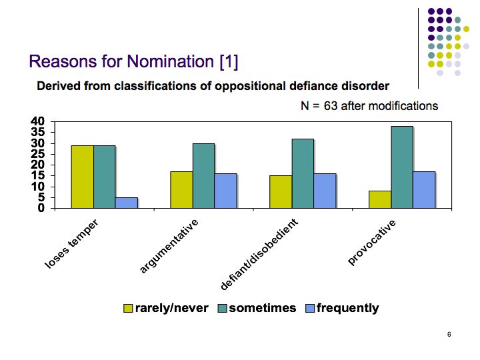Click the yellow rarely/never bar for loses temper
pos(83,177)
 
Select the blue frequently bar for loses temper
pos(127,203)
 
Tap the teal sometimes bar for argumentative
pos(203,176)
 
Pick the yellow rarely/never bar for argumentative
pos(181,190)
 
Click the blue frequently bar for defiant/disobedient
pos(325,191)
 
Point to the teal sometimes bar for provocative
pos(402,167)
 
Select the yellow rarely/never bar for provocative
pos(380,199)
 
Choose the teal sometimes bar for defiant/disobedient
pos(303,174)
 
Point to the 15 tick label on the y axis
pos(37,176)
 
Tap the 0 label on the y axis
pos(41,208)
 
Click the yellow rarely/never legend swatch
pos(128,308)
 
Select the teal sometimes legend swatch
pos(222,308)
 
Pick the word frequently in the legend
pos(348,308)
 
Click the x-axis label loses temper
pos(71,244)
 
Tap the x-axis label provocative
pos(372,242)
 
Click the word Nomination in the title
pos(171,61)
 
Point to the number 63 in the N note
pos(331,106)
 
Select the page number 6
pos(449,334)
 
